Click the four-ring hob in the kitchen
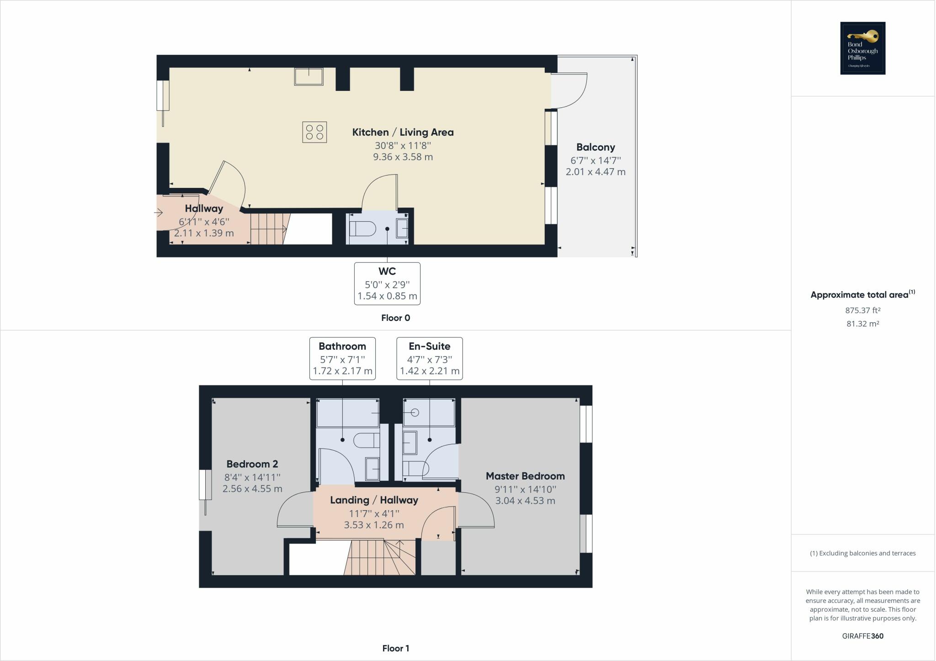(x=314, y=132)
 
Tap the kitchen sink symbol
(x=308, y=76)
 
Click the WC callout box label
(x=387, y=283)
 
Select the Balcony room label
(x=596, y=147)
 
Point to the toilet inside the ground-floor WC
(x=362, y=228)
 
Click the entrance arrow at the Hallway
(x=159, y=213)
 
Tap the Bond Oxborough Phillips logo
(x=862, y=48)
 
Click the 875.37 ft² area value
(x=862, y=310)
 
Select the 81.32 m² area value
(x=862, y=324)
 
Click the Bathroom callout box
(x=342, y=358)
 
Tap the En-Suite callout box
(x=429, y=358)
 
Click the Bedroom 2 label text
(x=252, y=464)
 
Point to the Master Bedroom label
(x=525, y=476)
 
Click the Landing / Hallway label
(x=374, y=500)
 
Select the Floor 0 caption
(x=395, y=318)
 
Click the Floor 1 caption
(x=395, y=648)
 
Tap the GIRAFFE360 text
(x=862, y=636)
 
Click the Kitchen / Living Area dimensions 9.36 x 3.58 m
(x=403, y=157)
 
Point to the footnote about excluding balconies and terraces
(x=862, y=553)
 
